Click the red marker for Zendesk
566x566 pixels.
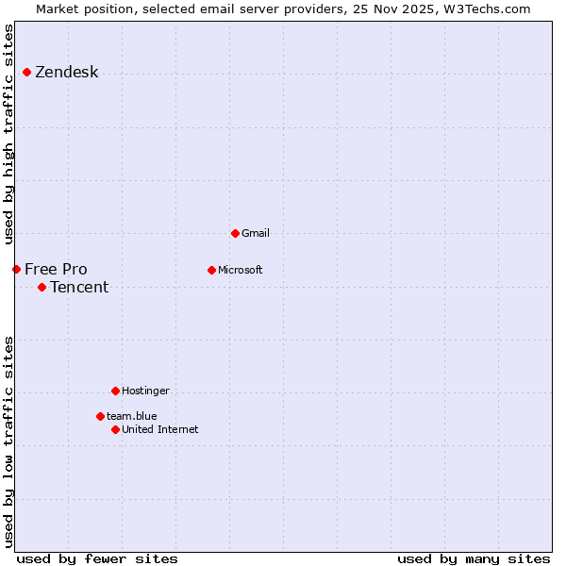[26, 73]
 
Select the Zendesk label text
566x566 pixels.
[67, 73]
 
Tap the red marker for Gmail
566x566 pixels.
[235, 233]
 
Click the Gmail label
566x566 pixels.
[256, 233]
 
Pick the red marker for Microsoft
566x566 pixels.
[211, 270]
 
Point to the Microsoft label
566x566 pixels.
[241, 270]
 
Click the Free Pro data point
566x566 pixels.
[16, 269]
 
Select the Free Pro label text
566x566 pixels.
[56, 270]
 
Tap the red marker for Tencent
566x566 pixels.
[42, 287]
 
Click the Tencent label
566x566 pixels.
[79, 288]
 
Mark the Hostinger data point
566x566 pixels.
[115, 391]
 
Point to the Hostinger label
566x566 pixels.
[145, 391]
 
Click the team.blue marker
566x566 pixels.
[100, 416]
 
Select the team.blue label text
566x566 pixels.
[132, 416]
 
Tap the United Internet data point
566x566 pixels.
[115, 429]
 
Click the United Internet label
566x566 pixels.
[160, 429]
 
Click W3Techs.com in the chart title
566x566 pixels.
[487, 9]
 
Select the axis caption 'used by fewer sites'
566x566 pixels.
[97, 558]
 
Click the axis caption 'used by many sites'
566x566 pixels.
[474, 558]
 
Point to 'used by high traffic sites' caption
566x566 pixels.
[9, 135]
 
